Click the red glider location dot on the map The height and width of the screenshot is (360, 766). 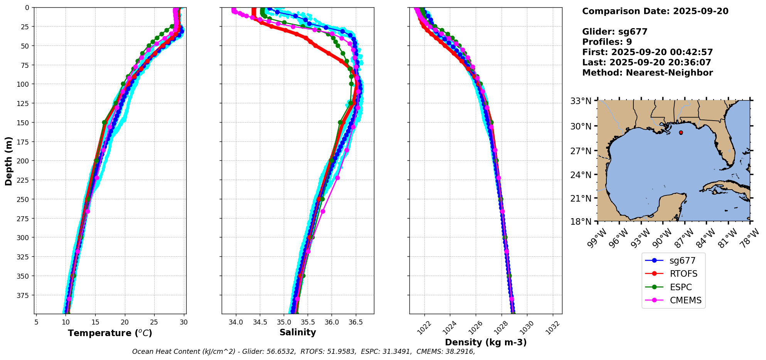tap(681, 133)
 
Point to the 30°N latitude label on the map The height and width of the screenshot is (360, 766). tap(581, 126)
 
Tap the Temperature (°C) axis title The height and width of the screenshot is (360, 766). tap(110, 333)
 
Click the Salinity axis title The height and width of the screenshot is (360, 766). tap(298, 332)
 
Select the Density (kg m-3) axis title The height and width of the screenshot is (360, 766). tap(485, 342)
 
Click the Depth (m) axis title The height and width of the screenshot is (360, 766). tap(8, 161)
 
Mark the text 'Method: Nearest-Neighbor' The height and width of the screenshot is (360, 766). tap(647, 73)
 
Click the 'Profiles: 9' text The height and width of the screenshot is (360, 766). tap(607, 42)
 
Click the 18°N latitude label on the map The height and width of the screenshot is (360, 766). tap(581, 222)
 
